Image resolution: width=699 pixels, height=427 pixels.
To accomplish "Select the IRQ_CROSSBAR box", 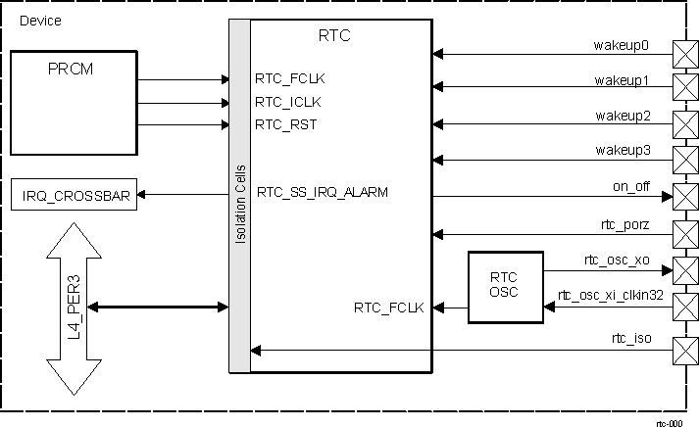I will pyautogui.click(x=74, y=195).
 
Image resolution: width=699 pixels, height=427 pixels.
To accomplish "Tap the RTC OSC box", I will pyautogui.click(x=505, y=285).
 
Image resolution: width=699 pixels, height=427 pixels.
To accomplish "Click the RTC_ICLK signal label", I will pyautogui.click(x=288, y=101).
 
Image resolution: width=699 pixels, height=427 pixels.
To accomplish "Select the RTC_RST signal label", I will pyautogui.click(x=285, y=124).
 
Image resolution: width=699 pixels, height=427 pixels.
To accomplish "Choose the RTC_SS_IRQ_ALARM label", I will pyautogui.click(x=322, y=192).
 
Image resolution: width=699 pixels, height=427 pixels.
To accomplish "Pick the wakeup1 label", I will pyautogui.click(x=622, y=80).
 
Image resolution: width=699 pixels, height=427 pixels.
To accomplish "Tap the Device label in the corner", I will pyautogui.click(x=38, y=20).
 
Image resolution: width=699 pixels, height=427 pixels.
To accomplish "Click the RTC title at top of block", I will pyautogui.click(x=334, y=36).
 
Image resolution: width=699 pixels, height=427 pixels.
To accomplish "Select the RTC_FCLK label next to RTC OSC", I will pyautogui.click(x=388, y=308).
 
